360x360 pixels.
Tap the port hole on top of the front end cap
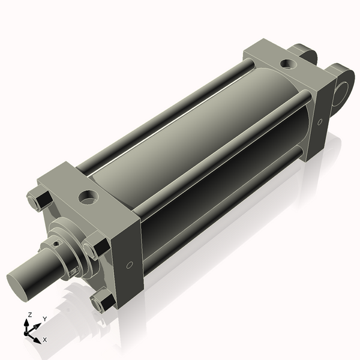tap(89, 196)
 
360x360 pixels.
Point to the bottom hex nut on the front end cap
tap(103, 300)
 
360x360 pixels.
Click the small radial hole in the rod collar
tap(56, 244)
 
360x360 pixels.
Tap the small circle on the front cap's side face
tap(130, 265)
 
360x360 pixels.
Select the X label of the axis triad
tap(45, 340)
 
